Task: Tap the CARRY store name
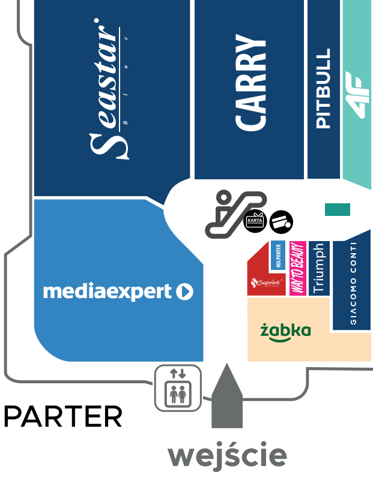click(x=250, y=83)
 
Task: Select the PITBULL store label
click(x=323, y=89)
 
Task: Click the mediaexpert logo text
click(x=108, y=292)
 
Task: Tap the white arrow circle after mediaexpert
click(x=185, y=292)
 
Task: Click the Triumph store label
click(x=318, y=269)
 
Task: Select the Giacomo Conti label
click(x=353, y=283)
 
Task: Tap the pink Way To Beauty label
click(x=297, y=269)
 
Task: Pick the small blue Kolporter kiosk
click(x=278, y=256)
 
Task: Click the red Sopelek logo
click(x=266, y=282)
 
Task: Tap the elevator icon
click(x=178, y=388)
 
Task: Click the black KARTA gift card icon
click(x=255, y=221)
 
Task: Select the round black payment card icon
click(x=281, y=222)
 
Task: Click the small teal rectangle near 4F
click(x=337, y=209)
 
